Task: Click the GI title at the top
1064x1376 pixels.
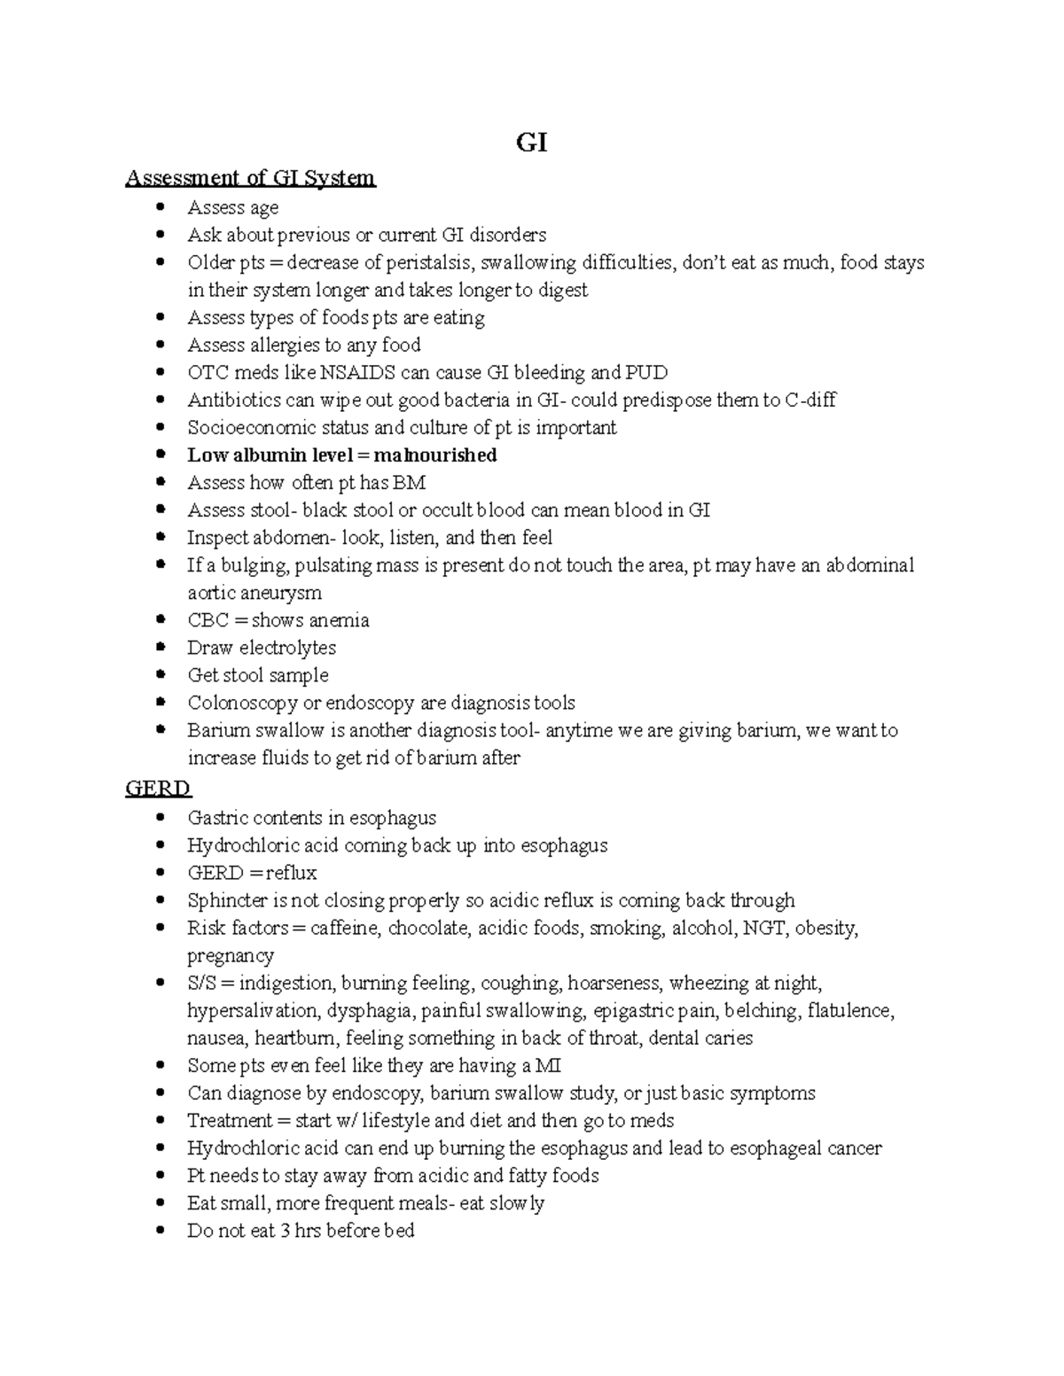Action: (x=531, y=143)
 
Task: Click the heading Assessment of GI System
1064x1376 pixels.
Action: (x=250, y=178)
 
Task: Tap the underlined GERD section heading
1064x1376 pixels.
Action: (x=158, y=789)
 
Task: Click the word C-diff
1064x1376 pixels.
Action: (x=810, y=400)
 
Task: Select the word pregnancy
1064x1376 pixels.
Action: (x=230, y=956)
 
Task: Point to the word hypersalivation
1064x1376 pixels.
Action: (x=253, y=1011)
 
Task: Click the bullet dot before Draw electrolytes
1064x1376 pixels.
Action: (x=160, y=648)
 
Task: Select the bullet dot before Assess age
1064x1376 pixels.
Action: (x=160, y=207)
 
